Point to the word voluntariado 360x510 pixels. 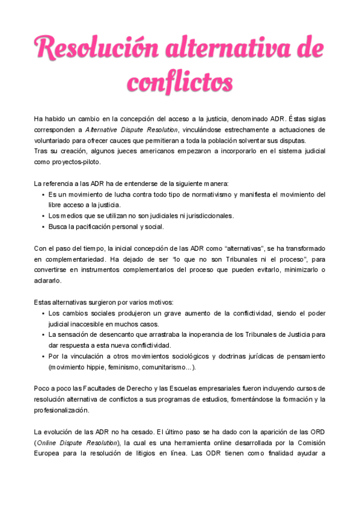52,141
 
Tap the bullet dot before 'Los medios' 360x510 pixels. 43,216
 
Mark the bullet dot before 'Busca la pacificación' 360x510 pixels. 43,227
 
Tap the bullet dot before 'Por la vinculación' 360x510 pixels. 43,356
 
